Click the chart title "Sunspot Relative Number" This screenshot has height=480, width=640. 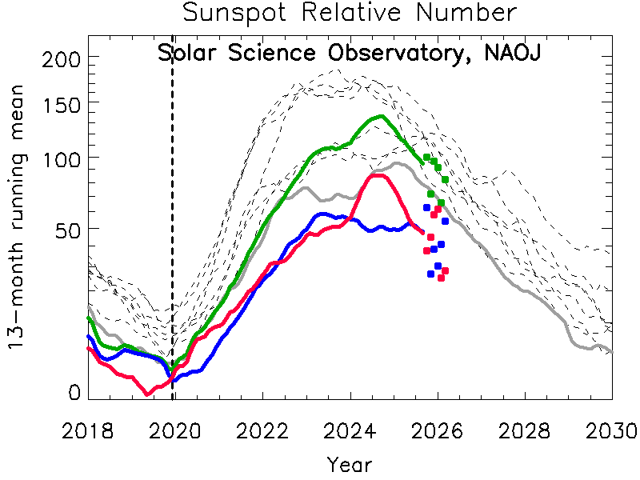(x=349, y=14)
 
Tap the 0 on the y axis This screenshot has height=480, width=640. (x=74, y=393)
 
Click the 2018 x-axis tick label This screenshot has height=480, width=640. (x=86, y=430)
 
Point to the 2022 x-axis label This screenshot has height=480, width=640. (x=262, y=430)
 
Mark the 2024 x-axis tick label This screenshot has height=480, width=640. (x=349, y=430)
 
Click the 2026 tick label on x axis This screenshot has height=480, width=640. (x=437, y=430)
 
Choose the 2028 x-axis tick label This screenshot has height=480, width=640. (x=525, y=430)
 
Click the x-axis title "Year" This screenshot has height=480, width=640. (x=349, y=463)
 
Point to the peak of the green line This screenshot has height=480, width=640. (x=380, y=116)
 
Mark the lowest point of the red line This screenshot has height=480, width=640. (x=147, y=394)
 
